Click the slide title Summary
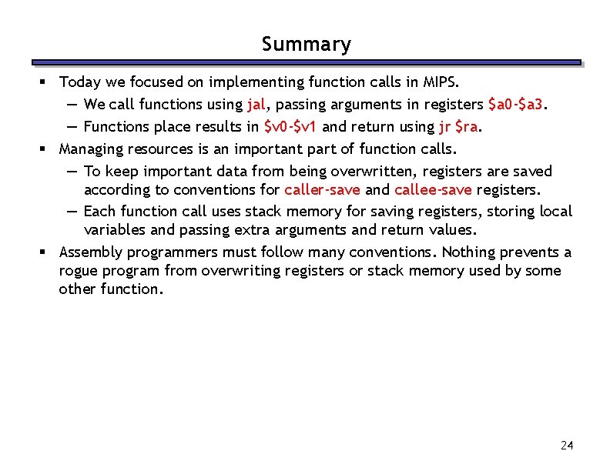point(306,45)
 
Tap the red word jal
point(256,104)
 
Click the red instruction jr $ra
point(455,126)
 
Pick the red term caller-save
point(322,189)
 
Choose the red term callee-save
point(434,189)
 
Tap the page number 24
point(568,446)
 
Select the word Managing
point(89,149)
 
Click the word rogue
point(77,271)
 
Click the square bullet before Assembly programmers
point(46,252)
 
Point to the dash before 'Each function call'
point(70,211)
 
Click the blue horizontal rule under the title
point(306,62)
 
